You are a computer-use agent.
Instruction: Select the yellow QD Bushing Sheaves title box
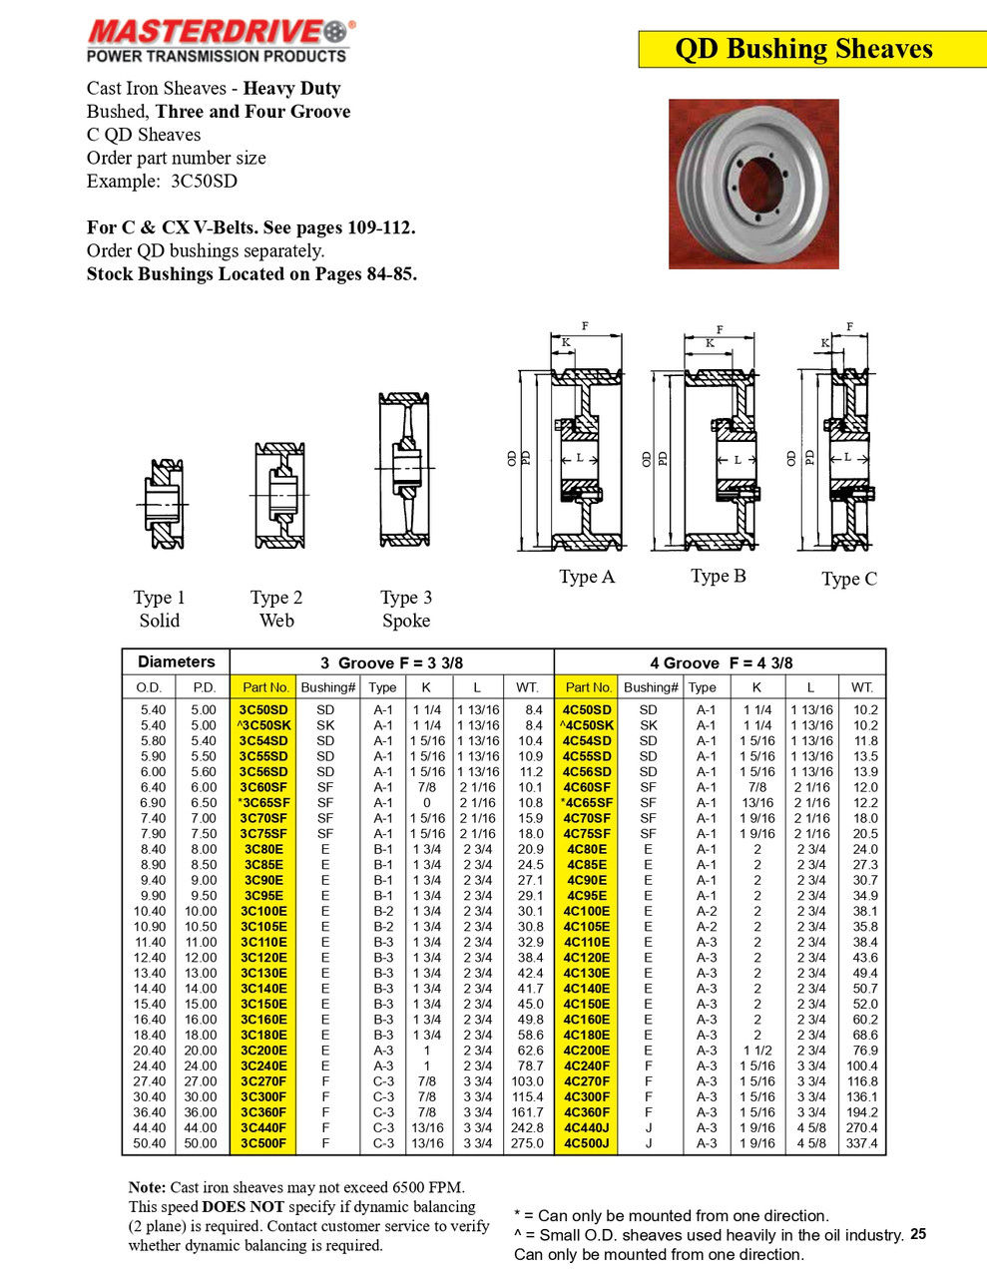pos(803,49)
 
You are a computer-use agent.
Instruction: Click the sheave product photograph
pos(753,184)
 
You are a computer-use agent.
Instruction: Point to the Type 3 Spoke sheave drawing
pos(405,469)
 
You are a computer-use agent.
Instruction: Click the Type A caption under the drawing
pos(587,577)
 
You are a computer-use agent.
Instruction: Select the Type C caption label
pos(849,579)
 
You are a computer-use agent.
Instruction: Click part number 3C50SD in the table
pos(263,710)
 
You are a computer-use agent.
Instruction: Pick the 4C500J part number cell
pos(587,1143)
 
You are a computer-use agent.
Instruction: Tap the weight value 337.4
pos(861,1143)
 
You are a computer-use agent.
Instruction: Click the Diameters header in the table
pos(176,661)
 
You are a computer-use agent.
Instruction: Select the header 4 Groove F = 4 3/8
pos(721,662)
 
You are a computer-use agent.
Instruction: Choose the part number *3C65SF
pos(263,803)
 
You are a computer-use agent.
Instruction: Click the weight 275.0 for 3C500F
pos(527,1143)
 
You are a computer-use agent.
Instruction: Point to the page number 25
pos(918,1234)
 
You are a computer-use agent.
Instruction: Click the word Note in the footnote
pos(147,1187)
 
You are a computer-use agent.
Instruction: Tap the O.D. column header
pos(149,687)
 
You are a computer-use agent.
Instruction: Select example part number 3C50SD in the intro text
pos(204,181)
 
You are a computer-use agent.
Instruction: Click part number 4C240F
pos(587,1065)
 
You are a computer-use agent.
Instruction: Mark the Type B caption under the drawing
pos(719,576)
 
